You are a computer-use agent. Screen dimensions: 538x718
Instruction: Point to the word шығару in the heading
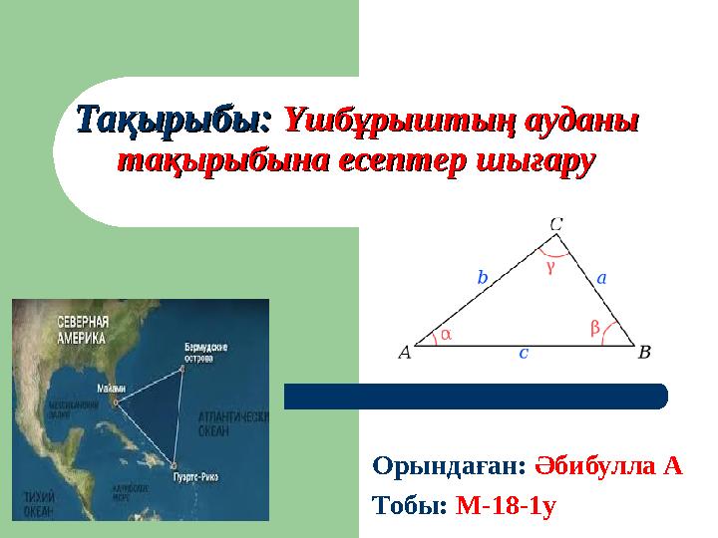pyautogui.click(x=528, y=161)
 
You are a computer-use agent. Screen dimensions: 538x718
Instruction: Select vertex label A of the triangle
pyautogui.click(x=404, y=352)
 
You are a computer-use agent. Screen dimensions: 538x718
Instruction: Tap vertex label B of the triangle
pyautogui.click(x=644, y=352)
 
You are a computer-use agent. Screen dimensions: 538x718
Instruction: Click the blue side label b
pyautogui.click(x=482, y=279)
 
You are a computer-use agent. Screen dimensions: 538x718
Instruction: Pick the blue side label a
pyautogui.click(x=602, y=279)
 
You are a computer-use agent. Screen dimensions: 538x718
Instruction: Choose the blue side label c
pyautogui.click(x=524, y=353)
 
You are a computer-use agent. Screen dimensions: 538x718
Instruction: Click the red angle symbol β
pyautogui.click(x=594, y=327)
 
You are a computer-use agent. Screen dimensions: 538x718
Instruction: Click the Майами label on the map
pyautogui.click(x=112, y=388)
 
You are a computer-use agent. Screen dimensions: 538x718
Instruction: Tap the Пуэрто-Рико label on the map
pyautogui.click(x=197, y=477)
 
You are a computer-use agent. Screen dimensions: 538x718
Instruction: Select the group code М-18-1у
pyautogui.click(x=506, y=505)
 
